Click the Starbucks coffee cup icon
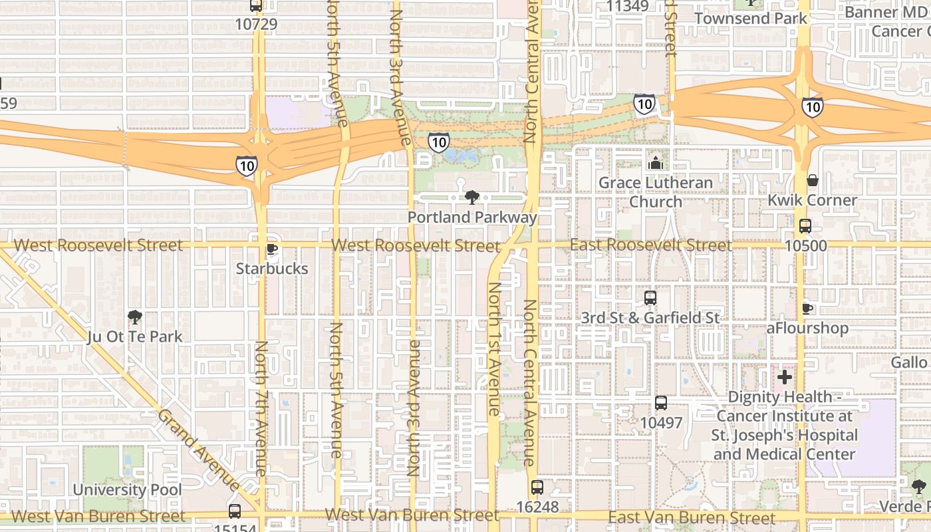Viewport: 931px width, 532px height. coord(271,249)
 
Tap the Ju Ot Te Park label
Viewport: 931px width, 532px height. coord(135,336)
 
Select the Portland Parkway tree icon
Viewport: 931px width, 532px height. coord(471,197)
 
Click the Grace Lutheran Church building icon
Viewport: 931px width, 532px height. coord(655,163)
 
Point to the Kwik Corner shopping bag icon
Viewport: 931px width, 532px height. coord(812,180)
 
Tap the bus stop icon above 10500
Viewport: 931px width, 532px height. coord(805,225)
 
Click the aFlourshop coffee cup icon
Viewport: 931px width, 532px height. coord(807,309)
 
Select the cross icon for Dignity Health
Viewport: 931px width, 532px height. coord(785,377)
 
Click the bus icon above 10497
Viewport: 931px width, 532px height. coord(660,402)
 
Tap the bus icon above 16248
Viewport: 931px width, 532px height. coord(537,487)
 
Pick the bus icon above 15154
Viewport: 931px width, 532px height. coord(234,511)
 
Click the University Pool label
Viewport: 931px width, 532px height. coord(127,490)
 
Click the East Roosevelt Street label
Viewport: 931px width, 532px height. coord(650,245)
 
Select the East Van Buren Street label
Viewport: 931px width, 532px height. coord(692,518)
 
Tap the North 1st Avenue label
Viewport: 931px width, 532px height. coord(493,349)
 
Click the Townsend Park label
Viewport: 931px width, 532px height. coord(751,18)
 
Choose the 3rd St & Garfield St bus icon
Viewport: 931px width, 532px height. coord(650,298)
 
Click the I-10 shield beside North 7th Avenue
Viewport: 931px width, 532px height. coord(246,166)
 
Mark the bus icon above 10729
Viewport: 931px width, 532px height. coord(255,5)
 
